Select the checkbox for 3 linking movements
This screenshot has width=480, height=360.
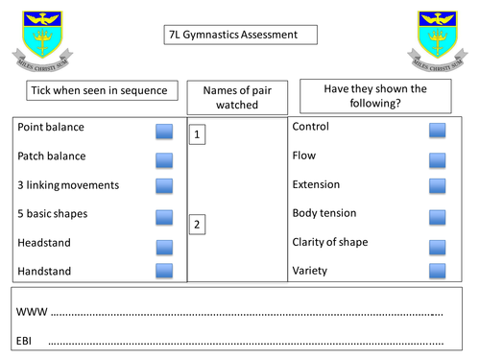pos(164,186)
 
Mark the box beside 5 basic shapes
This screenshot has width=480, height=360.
pos(164,216)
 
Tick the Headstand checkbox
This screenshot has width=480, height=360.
pos(164,244)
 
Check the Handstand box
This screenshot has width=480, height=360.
pos(164,272)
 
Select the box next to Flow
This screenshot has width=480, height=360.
pos(438,158)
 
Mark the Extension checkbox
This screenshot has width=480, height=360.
pos(438,186)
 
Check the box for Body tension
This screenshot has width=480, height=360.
pos(438,216)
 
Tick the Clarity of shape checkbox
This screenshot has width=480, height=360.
pos(438,244)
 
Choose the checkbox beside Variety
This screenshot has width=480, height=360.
pos(438,272)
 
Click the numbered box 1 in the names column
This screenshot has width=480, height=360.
pos(197,134)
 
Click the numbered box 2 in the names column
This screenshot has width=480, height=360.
pos(197,226)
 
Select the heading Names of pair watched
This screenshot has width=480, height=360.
pos(235,97)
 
